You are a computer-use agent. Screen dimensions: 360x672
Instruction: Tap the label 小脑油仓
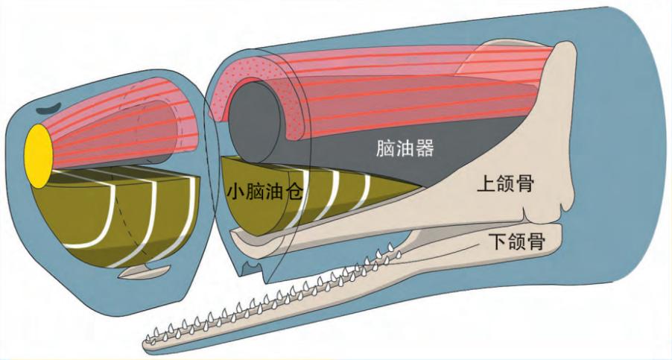pos(266,192)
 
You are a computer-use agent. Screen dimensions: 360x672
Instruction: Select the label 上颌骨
pos(505,184)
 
